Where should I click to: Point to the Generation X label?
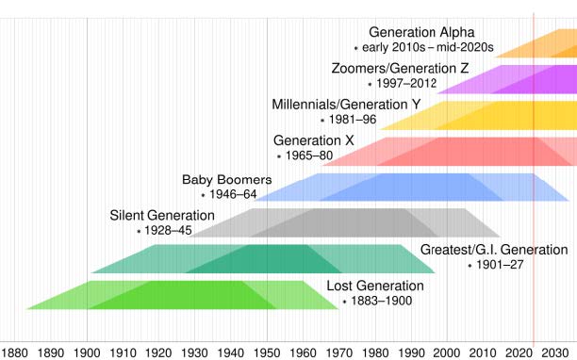point(313,140)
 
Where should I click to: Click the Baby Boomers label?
point(226,179)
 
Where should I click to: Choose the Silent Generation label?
point(162,215)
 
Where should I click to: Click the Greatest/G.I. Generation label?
point(494,250)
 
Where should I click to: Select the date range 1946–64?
point(233,194)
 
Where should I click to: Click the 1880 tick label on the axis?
point(15,351)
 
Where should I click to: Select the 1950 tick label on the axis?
point(267,351)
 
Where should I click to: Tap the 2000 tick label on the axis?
point(447,351)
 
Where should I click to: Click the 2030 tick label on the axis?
point(554,351)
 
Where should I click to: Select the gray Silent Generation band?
point(330,222)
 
